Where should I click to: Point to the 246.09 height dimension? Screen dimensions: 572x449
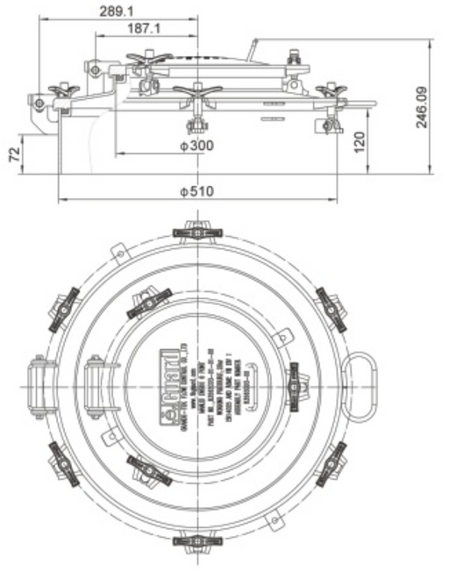click(423, 105)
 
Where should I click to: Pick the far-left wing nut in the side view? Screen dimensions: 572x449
click(63, 89)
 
